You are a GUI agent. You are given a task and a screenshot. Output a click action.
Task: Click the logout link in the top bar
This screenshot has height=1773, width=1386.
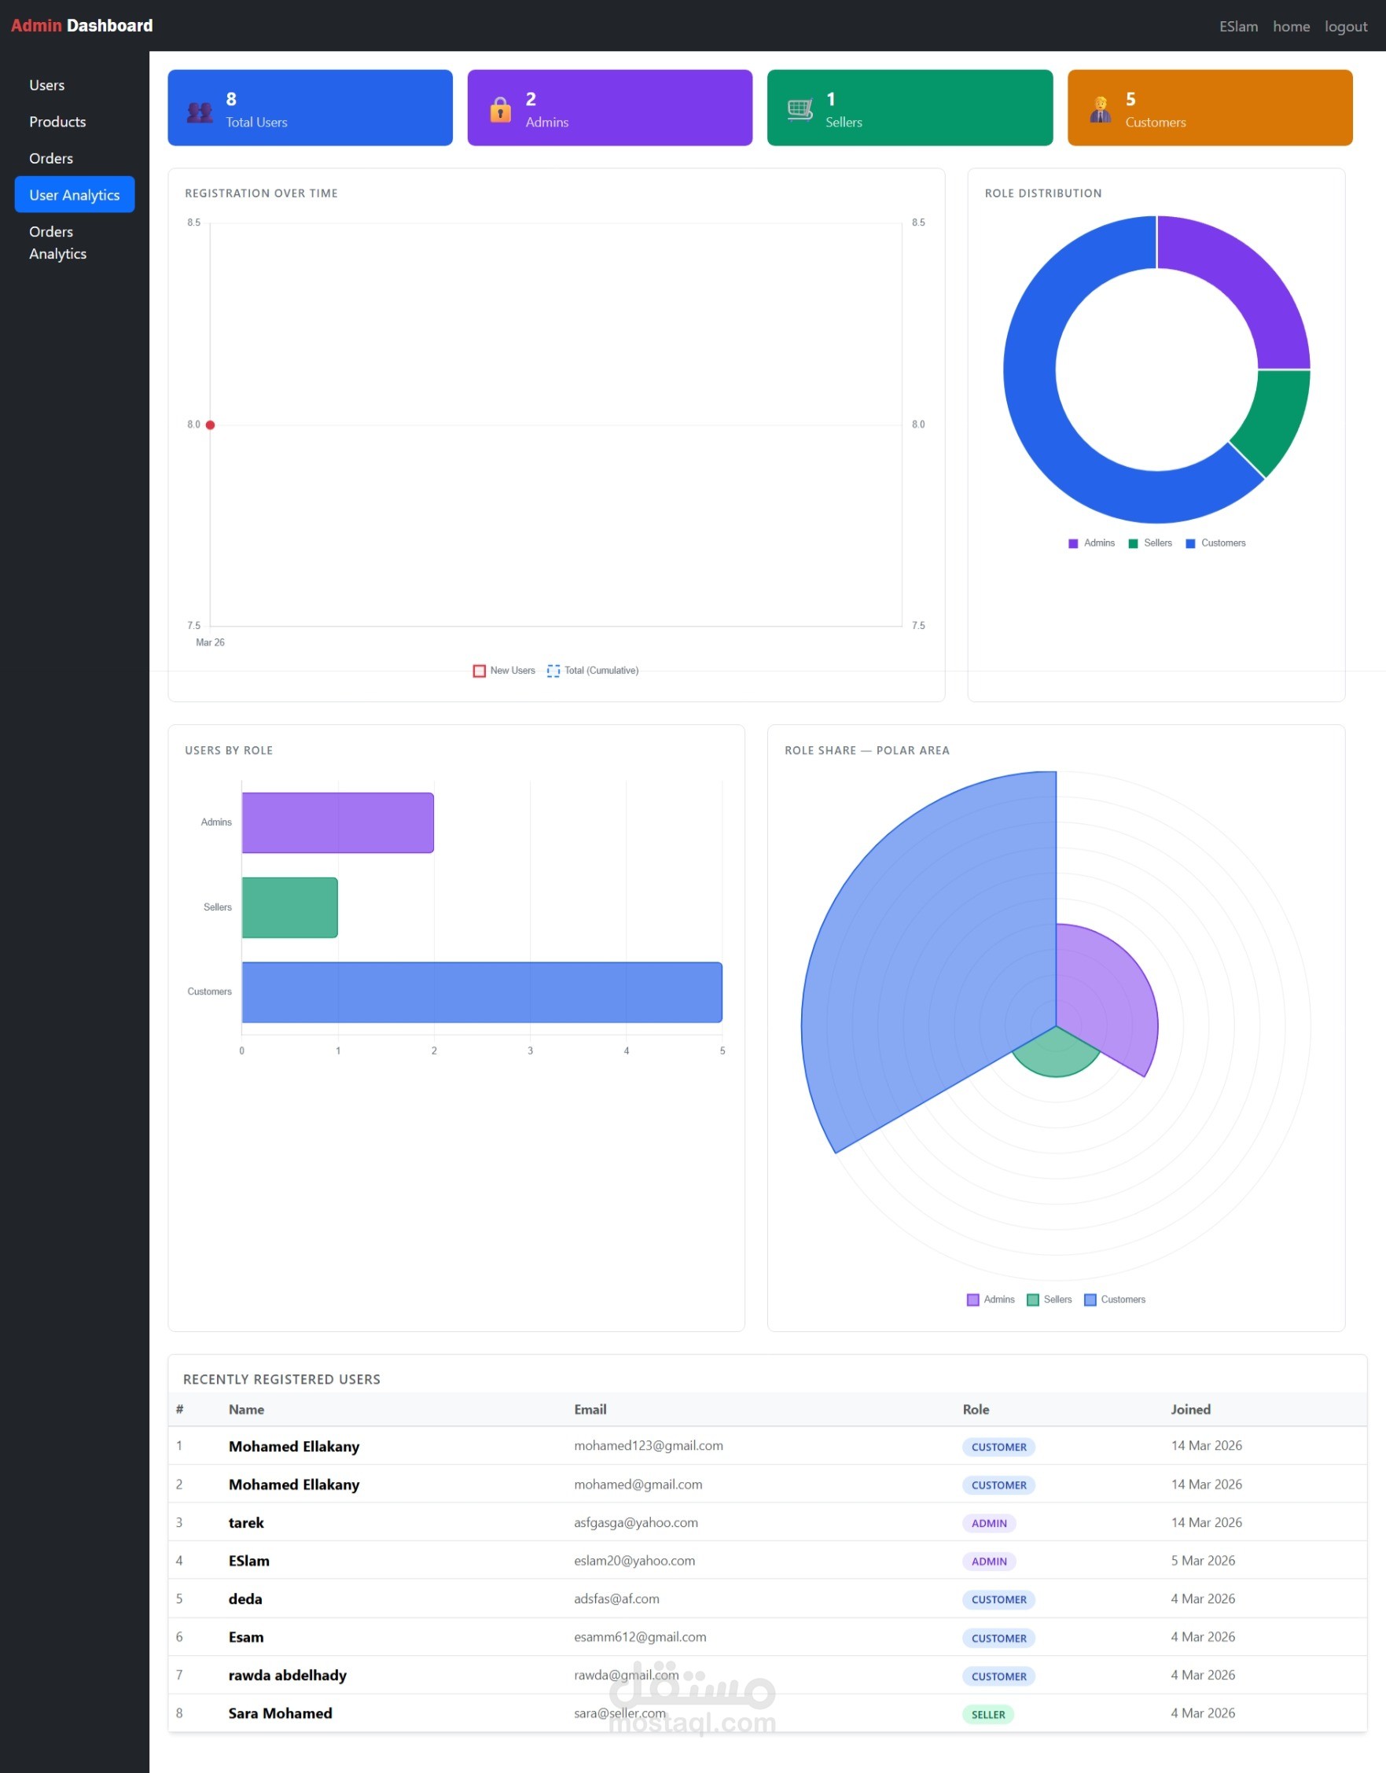(x=1345, y=27)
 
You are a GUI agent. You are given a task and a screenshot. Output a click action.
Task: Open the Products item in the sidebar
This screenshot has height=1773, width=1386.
(x=57, y=122)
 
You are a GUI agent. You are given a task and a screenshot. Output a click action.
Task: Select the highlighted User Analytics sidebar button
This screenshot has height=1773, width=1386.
(x=75, y=195)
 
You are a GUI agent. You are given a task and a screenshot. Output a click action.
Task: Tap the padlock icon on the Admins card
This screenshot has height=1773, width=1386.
(x=500, y=109)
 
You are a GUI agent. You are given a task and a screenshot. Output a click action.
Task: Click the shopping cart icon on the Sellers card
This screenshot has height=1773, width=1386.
(x=800, y=109)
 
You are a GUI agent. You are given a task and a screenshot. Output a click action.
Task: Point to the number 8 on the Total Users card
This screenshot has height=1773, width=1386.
(x=231, y=99)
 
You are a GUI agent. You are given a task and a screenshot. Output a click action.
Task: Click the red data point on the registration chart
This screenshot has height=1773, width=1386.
(x=210, y=425)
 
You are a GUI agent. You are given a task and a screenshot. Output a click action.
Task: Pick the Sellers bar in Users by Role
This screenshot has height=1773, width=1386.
(x=290, y=907)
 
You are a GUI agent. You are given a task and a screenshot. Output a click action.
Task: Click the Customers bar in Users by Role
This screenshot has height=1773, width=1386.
(x=481, y=992)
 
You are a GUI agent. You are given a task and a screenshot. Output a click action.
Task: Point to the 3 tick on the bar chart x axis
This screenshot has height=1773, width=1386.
(x=530, y=1050)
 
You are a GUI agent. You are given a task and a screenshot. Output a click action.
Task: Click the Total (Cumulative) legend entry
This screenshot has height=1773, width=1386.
(x=594, y=671)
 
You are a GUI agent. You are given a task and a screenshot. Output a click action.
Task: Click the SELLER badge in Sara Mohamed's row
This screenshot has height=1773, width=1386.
(x=988, y=1715)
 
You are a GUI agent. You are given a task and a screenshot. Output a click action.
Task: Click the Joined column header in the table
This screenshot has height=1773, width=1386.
(x=1190, y=1409)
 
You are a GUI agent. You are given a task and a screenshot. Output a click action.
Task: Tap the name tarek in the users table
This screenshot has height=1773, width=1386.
(x=246, y=1523)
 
